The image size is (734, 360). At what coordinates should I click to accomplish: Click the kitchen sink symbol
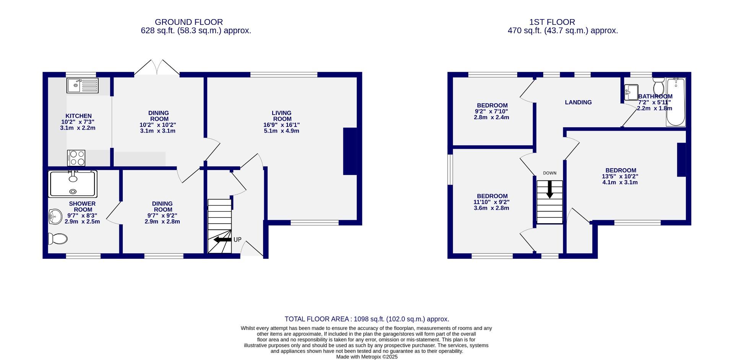pos(83,85)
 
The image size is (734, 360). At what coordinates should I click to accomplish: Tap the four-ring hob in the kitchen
pos(76,158)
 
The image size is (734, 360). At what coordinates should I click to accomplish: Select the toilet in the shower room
pos(58,239)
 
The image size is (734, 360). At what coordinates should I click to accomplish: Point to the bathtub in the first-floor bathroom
pos(676,102)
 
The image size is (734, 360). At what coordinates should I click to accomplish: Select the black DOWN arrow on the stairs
pos(550,189)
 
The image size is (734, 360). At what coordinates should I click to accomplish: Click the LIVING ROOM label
pos(281,116)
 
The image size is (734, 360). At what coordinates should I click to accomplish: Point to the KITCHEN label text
pos(78,116)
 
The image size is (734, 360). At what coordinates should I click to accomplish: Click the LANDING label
pos(578,102)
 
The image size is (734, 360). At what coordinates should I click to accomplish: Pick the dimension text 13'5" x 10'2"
pos(620,177)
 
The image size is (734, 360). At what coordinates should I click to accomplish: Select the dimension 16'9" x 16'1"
pos(281,125)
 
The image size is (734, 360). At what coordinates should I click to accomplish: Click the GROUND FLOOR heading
pos(188,22)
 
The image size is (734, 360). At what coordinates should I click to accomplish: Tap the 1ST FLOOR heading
pos(563,22)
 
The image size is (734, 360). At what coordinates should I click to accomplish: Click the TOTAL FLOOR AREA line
pos(367,319)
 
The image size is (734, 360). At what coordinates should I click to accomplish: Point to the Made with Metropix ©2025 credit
pos(367,357)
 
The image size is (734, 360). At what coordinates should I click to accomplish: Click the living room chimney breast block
pos(350,151)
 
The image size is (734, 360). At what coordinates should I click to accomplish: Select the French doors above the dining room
pos(157,68)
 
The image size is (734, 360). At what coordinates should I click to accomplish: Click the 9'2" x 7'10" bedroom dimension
pos(491,112)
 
